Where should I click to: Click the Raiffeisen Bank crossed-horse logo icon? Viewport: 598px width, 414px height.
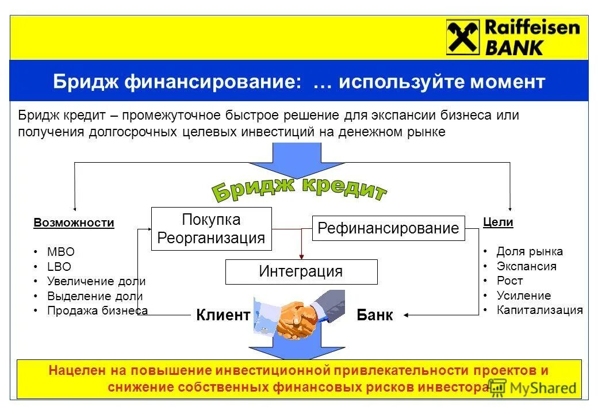[463, 37]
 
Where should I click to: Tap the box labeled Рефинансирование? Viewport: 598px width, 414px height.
[388, 228]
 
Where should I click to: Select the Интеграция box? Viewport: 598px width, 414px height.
[301, 271]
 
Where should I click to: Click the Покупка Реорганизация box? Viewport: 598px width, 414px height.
[211, 229]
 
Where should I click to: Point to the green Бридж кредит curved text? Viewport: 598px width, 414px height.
[298, 190]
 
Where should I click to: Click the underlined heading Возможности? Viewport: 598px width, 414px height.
[74, 223]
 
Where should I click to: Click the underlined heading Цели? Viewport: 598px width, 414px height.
[497, 222]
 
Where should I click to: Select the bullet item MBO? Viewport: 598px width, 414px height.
[61, 252]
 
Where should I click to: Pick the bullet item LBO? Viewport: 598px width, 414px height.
[60, 267]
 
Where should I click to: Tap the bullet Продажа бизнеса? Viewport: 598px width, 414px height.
[98, 310]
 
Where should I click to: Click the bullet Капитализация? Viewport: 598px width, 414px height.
[539, 310]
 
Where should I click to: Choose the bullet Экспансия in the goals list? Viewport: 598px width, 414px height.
[526, 266]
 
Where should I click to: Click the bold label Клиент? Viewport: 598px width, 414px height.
[223, 315]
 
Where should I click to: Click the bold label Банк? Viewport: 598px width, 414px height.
[374, 315]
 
